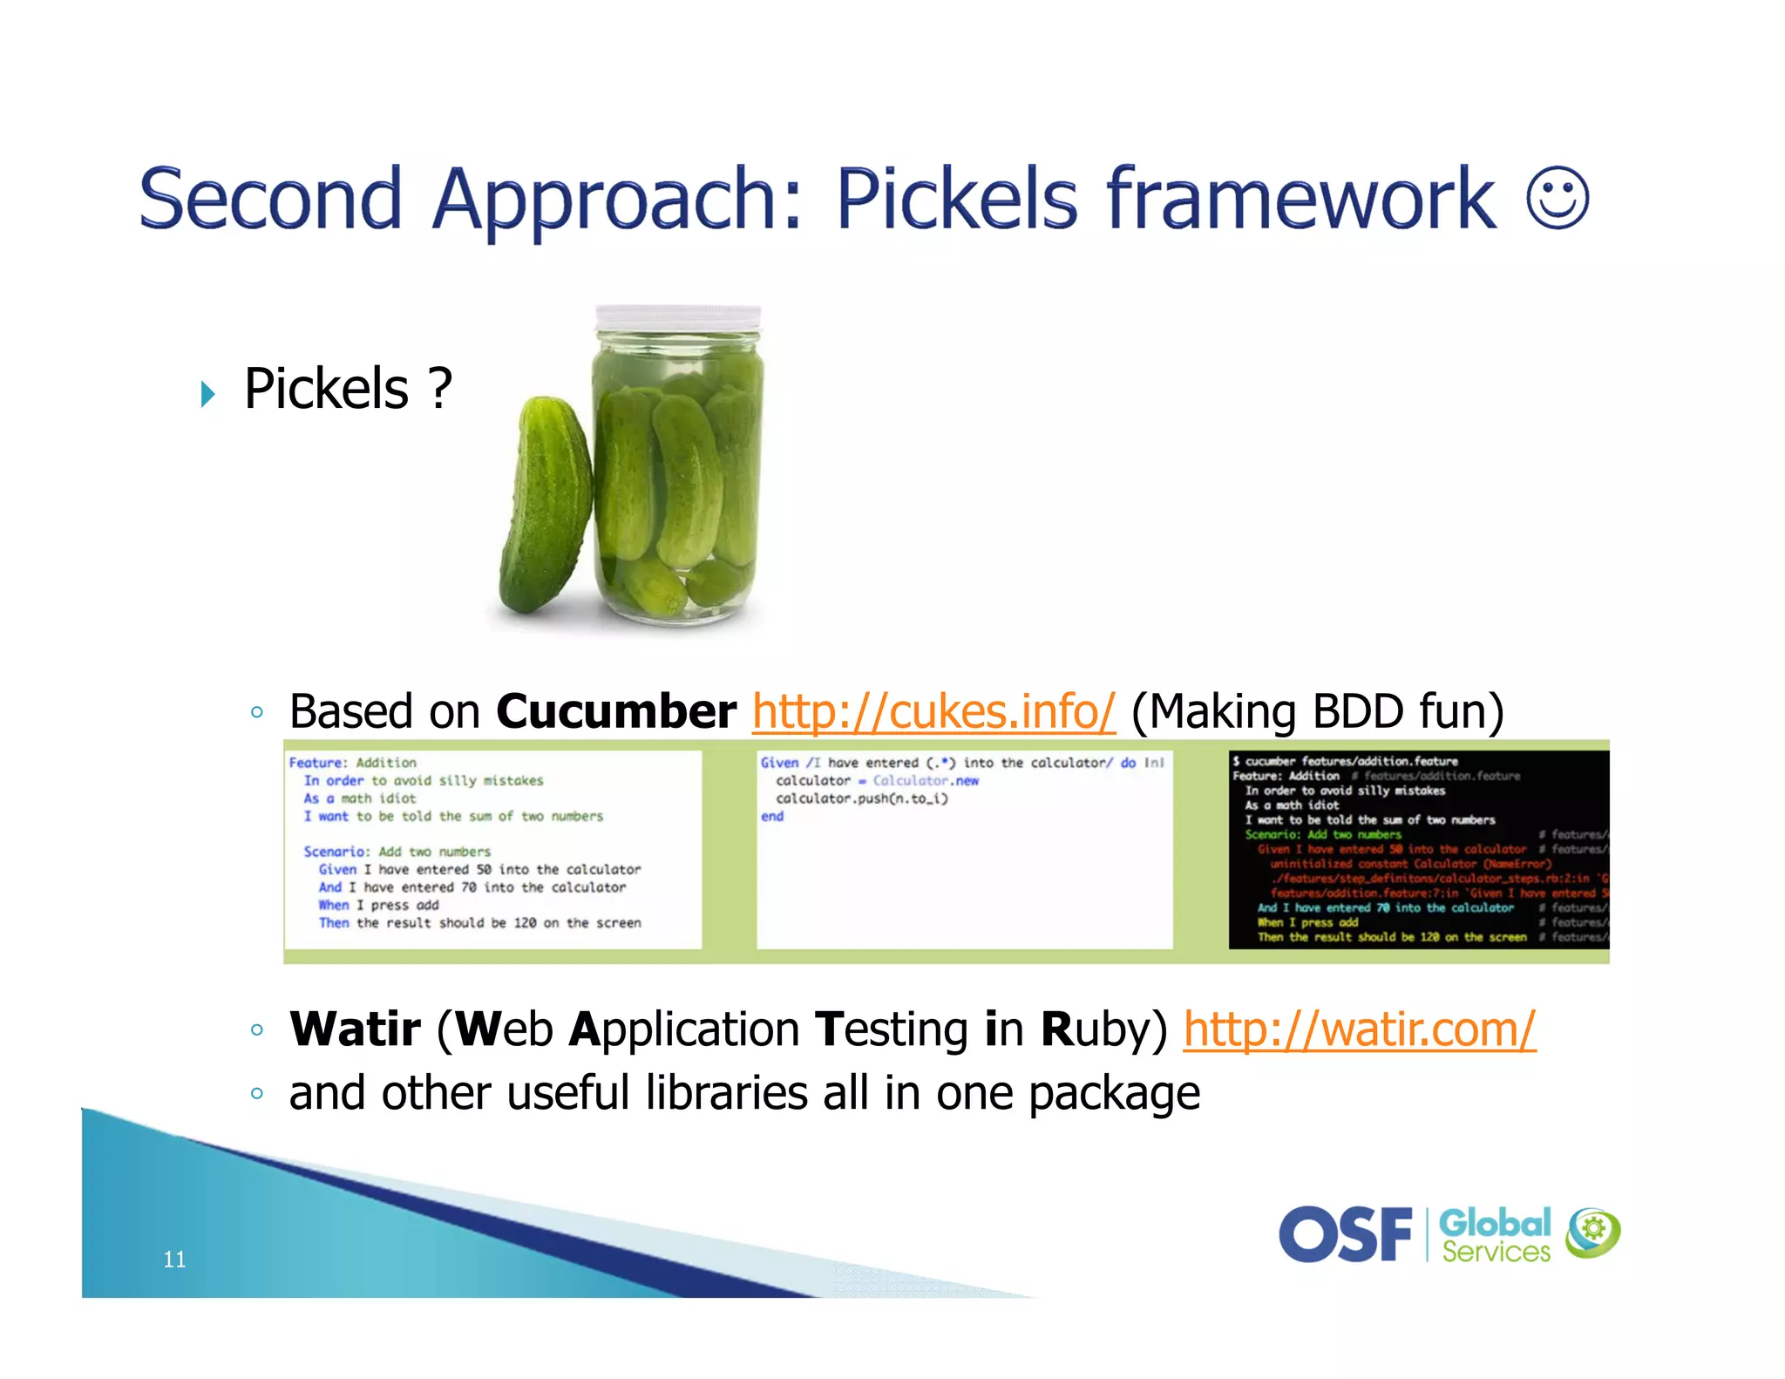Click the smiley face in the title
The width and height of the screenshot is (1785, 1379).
tap(1558, 198)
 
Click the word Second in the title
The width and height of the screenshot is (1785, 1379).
tap(270, 200)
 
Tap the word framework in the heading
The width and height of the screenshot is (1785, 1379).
tap(1301, 200)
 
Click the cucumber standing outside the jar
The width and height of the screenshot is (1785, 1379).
tap(546, 506)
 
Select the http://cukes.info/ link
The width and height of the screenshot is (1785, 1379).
tap(933, 711)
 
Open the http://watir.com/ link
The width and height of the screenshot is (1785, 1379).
tap(1359, 1029)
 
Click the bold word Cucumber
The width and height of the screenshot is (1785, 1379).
tap(616, 711)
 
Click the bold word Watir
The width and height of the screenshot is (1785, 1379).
tap(355, 1029)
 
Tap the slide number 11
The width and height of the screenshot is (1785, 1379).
tap(174, 1259)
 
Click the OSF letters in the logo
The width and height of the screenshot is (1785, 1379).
tap(1346, 1234)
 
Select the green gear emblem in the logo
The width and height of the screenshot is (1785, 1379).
tap(1592, 1232)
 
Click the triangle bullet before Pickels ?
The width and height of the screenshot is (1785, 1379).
tap(207, 394)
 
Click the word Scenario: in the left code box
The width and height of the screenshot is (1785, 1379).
tap(336, 852)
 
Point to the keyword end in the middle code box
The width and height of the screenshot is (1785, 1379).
tap(772, 817)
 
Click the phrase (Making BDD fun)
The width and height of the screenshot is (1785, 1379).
tap(1317, 711)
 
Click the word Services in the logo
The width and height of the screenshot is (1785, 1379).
tap(1496, 1252)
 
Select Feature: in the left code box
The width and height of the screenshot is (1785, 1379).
tap(317, 763)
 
